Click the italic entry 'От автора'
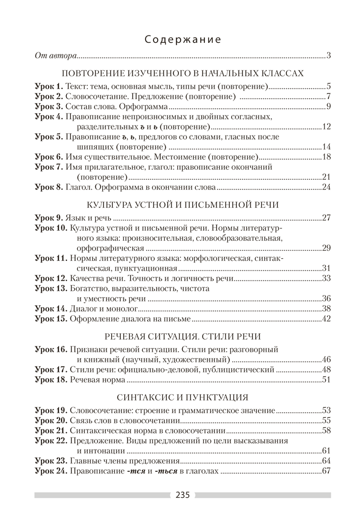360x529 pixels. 56,55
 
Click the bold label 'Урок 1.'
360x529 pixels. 49,86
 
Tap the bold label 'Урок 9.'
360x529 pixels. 49,217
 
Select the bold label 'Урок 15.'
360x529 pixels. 51,318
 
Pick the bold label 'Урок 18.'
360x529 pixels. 51,379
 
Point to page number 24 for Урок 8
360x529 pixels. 326,187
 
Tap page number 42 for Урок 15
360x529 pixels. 326,318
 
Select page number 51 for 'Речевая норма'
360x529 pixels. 326,379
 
